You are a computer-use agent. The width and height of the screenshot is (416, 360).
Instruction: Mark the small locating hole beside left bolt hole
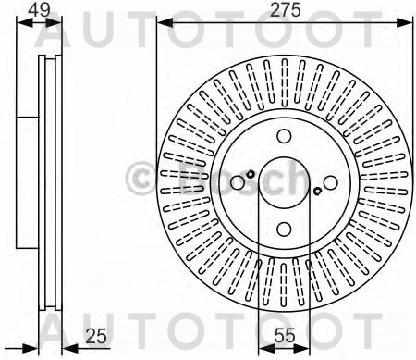click(x=251, y=173)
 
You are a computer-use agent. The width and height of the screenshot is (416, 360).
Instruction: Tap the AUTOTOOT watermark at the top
click(x=207, y=33)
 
